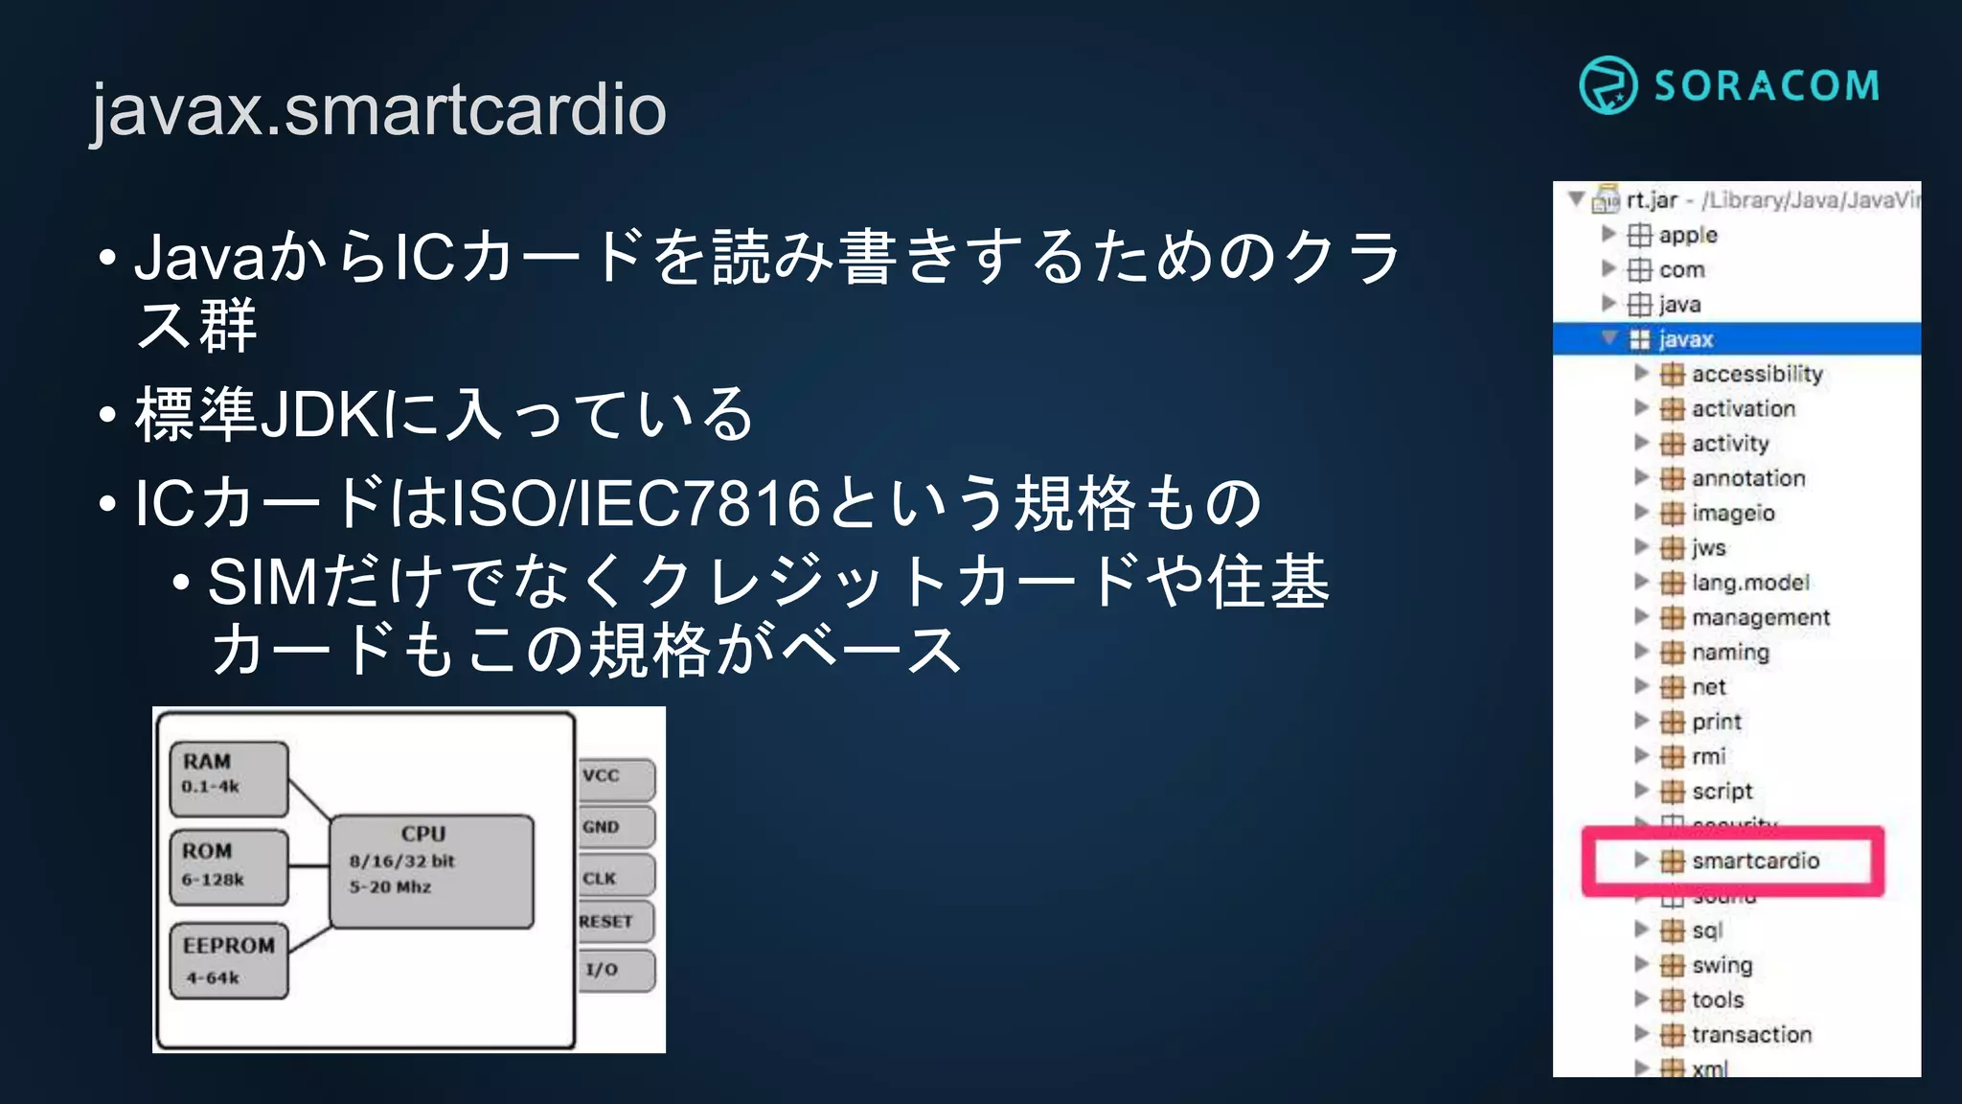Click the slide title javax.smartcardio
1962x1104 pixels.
point(378,109)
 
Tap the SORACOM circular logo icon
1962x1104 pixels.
point(1608,85)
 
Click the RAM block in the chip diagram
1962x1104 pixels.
point(229,777)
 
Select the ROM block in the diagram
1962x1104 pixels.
point(229,866)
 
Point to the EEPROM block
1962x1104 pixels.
point(229,960)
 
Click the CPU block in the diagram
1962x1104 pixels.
point(431,870)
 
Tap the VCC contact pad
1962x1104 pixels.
point(616,777)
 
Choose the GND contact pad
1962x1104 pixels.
point(616,827)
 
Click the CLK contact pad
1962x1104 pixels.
point(616,878)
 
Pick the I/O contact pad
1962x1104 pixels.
point(616,970)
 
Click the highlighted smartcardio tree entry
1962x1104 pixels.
point(1755,861)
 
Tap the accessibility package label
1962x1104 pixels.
point(1757,374)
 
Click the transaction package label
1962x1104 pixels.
point(1751,1035)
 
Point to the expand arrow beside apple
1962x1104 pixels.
point(1608,234)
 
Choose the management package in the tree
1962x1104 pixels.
point(1761,617)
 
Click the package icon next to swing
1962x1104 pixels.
point(1672,965)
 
